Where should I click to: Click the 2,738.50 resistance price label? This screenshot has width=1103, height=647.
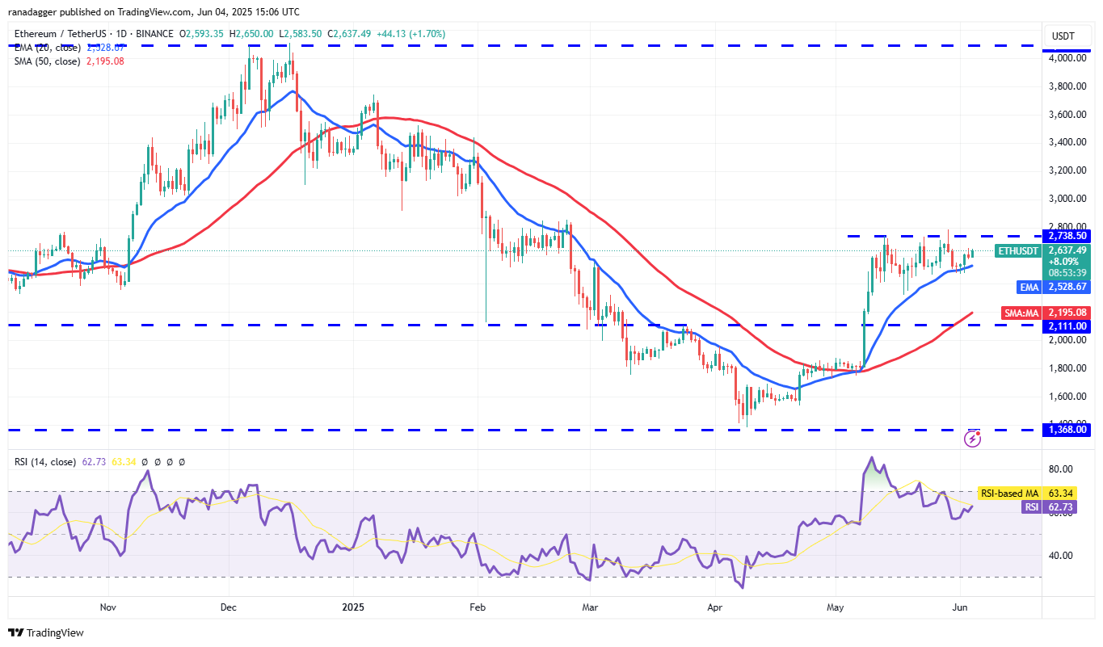[1067, 236]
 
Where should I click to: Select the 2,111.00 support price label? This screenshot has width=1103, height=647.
[1067, 326]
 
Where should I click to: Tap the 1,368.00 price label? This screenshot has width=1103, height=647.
[1067, 431]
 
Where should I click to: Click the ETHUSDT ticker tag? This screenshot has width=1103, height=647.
[1017, 250]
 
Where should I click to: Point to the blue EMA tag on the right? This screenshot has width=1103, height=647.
[1029, 286]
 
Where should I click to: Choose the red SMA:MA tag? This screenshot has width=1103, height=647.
[1022, 313]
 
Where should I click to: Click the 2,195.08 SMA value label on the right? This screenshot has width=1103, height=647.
[1067, 313]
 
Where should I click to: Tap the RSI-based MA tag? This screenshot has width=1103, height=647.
[1009, 493]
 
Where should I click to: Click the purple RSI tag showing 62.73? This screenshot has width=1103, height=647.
[1030, 506]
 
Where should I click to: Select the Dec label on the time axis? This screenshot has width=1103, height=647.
[228, 606]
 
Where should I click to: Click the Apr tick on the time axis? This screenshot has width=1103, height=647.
[714, 606]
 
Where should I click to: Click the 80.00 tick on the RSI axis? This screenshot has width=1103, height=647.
[1060, 469]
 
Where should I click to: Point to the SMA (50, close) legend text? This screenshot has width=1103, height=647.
[47, 61]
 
